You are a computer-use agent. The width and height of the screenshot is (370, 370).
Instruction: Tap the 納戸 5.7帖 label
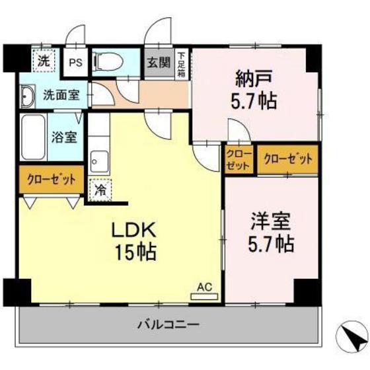click(254, 91)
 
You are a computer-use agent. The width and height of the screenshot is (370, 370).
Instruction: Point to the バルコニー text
click(168, 324)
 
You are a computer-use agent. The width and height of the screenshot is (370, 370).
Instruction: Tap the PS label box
click(76, 63)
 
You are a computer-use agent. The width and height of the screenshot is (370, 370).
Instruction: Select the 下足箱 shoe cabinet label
click(181, 64)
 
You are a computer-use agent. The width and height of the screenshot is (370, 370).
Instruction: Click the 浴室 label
click(63, 138)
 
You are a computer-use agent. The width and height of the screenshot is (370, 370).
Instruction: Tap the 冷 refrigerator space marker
click(99, 190)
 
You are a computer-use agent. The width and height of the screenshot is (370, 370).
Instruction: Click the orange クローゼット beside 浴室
click(51, 179)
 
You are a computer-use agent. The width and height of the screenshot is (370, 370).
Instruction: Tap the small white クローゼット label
click(239, 159)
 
